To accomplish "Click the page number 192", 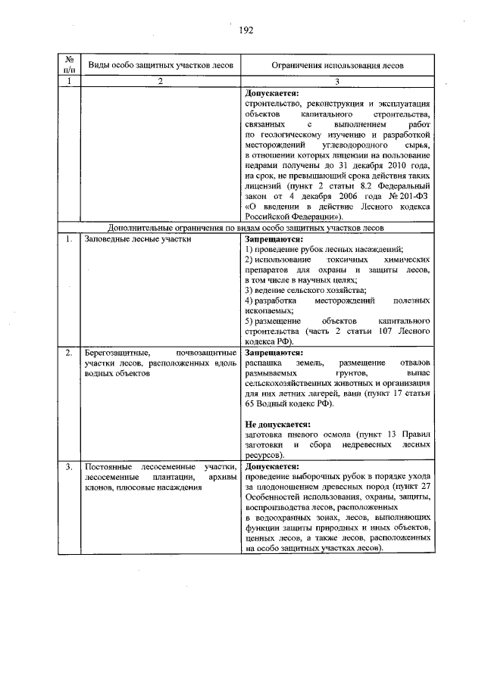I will [245, 30].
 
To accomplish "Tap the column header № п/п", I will [69, 65].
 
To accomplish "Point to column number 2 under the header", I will [160, 81].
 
